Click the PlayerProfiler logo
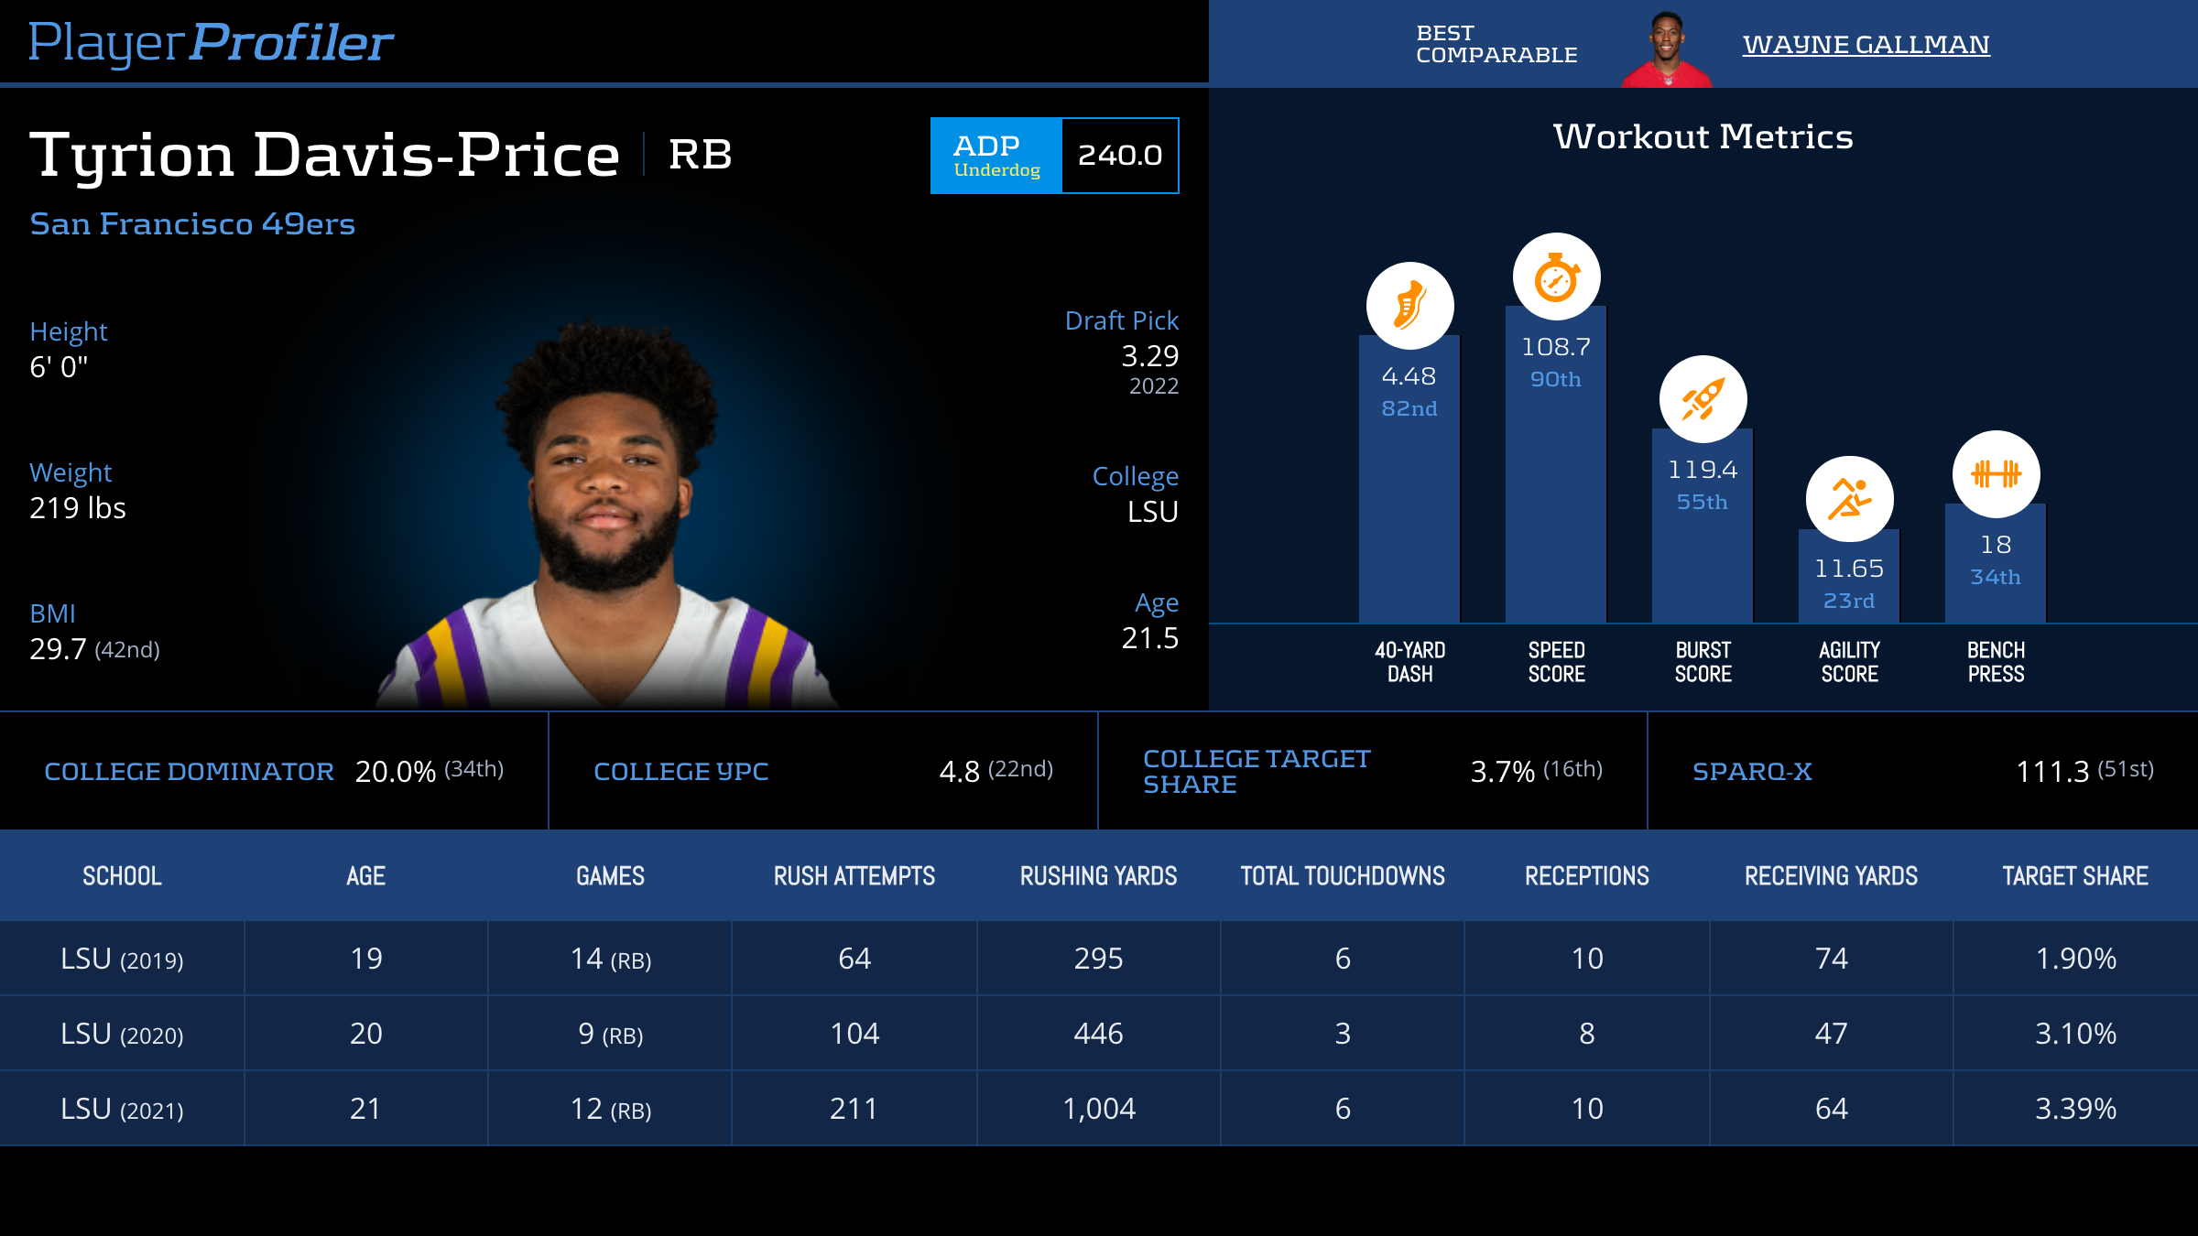coord(211,42)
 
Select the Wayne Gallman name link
coord(1866,44)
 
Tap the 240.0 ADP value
coord(1119,156)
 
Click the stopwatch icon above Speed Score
coord(1556,277)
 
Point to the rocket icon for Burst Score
coord(1703,399)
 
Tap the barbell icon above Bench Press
coord(1996,474)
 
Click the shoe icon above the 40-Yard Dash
coord(1409,306)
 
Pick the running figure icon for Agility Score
coord(1849,500)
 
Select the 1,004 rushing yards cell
coord(1098,1109)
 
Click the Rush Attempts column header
coord(854,876)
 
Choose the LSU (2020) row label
coord(122,1034)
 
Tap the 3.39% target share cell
coord(2075,1109)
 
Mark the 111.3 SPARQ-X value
coord(2051,772)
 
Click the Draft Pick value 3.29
coord(1149,356)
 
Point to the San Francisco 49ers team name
coord(192,224)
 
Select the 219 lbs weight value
coord(78,508)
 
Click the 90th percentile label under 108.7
coord(1555,379)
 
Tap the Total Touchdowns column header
coord(1343,876)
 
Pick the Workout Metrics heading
coord(1703,136)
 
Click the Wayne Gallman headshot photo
coord(1666,50)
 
